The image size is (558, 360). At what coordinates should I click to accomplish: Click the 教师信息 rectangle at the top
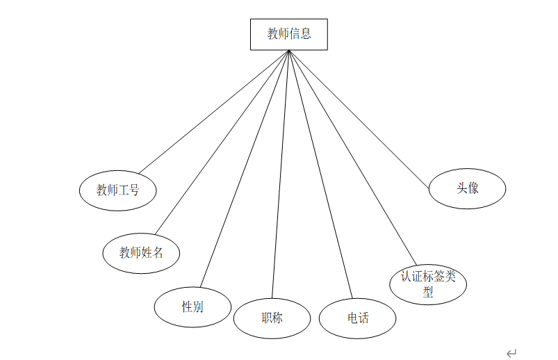pos(288,34)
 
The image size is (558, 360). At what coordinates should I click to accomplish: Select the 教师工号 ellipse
pos(117,190)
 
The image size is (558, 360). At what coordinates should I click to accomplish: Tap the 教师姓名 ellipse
pos(141,253)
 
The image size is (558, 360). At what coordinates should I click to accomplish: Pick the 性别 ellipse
pos(192,306)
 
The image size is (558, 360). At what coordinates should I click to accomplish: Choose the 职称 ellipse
pos(272,318)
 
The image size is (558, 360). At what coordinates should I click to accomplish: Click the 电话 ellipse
pos(358,318)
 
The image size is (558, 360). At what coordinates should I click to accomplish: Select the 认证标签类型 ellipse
pos(428,284)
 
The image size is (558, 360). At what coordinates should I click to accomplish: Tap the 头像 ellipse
pos(467,188)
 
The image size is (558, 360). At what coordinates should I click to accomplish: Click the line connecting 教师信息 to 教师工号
pos(213,112)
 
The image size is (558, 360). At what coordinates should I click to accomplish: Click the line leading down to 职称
pos(280,174)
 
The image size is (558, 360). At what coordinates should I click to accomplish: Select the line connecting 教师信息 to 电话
pos(320,174)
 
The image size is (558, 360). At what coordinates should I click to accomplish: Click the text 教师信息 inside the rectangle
pos(288,34)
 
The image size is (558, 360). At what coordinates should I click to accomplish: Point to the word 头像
pos(467,188)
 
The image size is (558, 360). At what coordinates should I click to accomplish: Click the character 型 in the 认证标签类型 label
pos(428,292)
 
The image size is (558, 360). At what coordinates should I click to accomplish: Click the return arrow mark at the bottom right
pos(511,353)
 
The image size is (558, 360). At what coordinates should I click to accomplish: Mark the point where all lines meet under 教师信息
pos(288,51)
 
